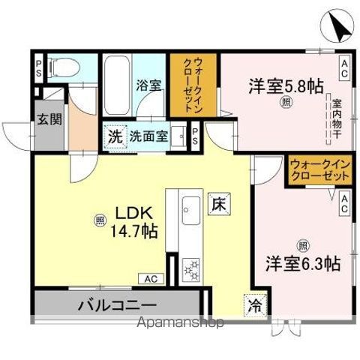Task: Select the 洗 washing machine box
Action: coord(114,137)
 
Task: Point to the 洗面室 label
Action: coord(148,137)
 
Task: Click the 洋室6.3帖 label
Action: coord(302,263)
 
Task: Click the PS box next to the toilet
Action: coord(38,69)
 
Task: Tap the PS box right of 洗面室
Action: coord(195,136)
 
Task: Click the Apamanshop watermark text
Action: coord(179,324)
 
